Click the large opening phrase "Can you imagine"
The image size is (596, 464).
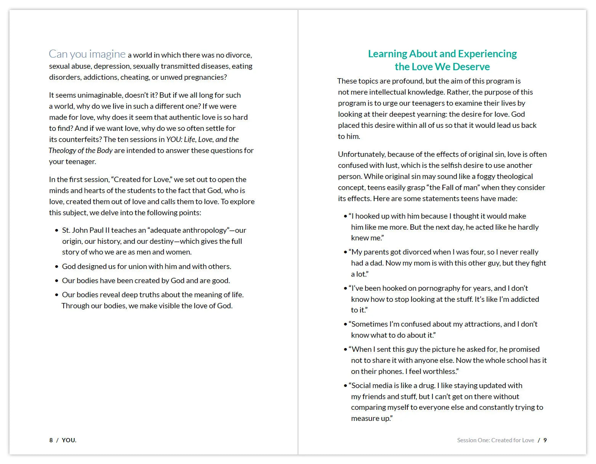click(87, 54)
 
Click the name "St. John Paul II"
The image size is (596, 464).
click(85, 230)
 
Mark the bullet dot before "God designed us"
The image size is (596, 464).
click(57, 267)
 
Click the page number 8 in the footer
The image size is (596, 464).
click(51, 440)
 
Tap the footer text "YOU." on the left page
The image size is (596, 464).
click(69, 440)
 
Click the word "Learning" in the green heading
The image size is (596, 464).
click(387, 54)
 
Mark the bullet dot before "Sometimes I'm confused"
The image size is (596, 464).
click(345, 324)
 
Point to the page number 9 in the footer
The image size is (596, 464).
click(545, 440)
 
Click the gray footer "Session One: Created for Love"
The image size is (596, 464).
click(495, 440)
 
